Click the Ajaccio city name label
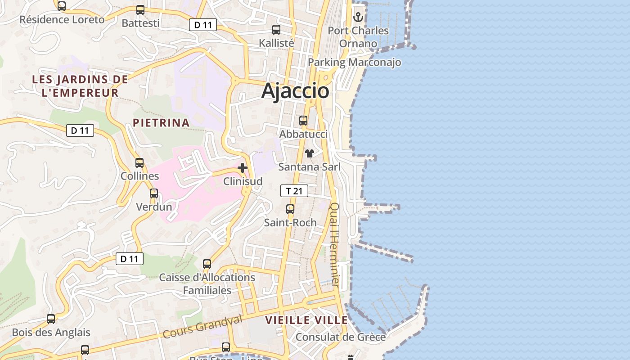tap(295, 91)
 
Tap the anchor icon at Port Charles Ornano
tap(358, 18)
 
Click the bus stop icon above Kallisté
tap(276, 30)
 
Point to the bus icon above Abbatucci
tap(303, 121)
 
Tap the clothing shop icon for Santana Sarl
tap(309, 153)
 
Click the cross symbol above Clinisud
tap(243, 168)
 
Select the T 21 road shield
tap(294, 191)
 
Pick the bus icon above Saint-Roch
tap(290, 209)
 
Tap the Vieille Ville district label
tap(306, 320)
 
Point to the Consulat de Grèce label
tap(340, 337)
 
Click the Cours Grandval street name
tap(202, 327)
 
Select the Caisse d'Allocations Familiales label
tap(207, 284)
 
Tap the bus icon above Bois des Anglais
tap(51, 319)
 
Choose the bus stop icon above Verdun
tap(154, 193)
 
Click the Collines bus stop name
tap(139, 176)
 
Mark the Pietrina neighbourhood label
tap(161, 123)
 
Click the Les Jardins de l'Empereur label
tap(80, 86)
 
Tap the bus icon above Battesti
tap(140, 10)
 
